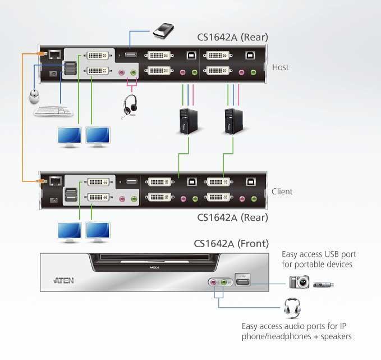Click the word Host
click(280, 67)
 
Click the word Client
click(282, 192)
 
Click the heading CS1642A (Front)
click(231, 244)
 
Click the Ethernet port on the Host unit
click(54, 54)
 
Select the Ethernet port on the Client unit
click(54, 181)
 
